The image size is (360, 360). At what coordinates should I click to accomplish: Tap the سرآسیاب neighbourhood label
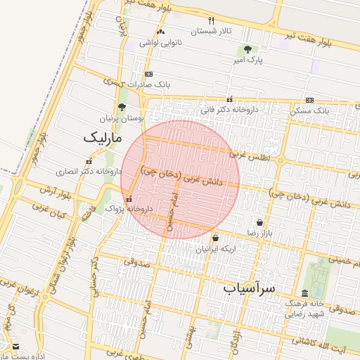coord(250,289)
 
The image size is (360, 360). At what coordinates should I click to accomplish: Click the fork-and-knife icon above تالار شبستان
coord(212,20)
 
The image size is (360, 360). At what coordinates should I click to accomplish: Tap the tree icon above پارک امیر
coord(247,49)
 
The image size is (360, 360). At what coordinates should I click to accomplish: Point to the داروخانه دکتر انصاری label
coord(82,171)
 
